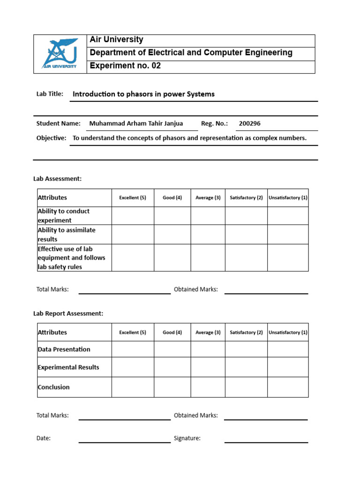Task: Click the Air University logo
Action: [x=60, y=54]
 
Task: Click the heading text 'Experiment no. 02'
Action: [x=125, y=66]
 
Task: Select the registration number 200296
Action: [x=249, y=124]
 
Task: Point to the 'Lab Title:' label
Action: [x=50, y=94]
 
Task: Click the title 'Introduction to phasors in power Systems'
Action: [x=143, y=94]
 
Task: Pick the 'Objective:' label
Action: [x=51, y=138]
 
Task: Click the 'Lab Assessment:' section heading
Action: [x=57, y=179]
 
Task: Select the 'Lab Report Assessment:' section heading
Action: [x=68, y=313]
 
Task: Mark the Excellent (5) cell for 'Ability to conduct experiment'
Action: [x=133, y=216]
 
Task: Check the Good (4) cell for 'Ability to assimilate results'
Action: [x=172, y=234]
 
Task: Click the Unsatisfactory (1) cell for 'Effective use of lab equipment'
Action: [x=288, y=257]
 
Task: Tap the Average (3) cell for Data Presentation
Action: [x=208, y=349]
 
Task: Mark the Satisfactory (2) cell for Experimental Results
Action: [x=246, y=367]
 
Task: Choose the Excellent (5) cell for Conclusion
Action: [x=133, y=387]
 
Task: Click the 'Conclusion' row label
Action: [x=53, y=387]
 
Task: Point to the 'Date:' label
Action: [x=44, y=438]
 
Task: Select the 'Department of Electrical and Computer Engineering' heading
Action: [x=191, y=53]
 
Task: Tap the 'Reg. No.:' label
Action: [x=214, y=124]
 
